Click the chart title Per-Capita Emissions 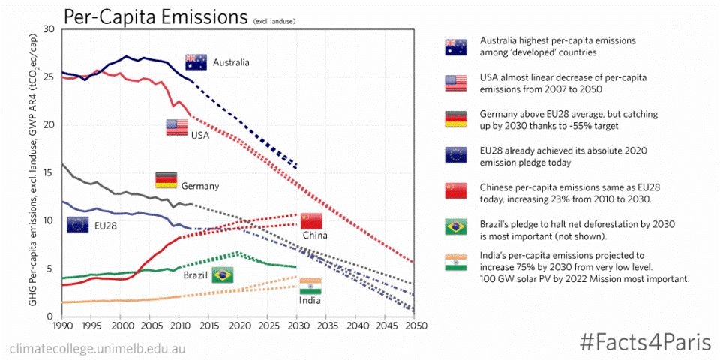(155, 16)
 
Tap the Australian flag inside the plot (196, 61)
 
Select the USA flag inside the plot (177, 127)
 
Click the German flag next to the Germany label (166, 180)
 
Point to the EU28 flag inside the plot (77, 224)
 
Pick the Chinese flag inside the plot (310, 220)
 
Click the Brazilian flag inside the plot (223, 274)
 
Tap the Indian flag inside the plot (310, 286)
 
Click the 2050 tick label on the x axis (413, 327)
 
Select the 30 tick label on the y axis (49, 28)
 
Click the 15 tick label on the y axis (49, 172)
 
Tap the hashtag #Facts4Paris (646, 342)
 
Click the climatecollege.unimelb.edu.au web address (97, 349)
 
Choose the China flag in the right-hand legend (455, 191)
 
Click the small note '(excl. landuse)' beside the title (274, 21)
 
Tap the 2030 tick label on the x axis (296, 327)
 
